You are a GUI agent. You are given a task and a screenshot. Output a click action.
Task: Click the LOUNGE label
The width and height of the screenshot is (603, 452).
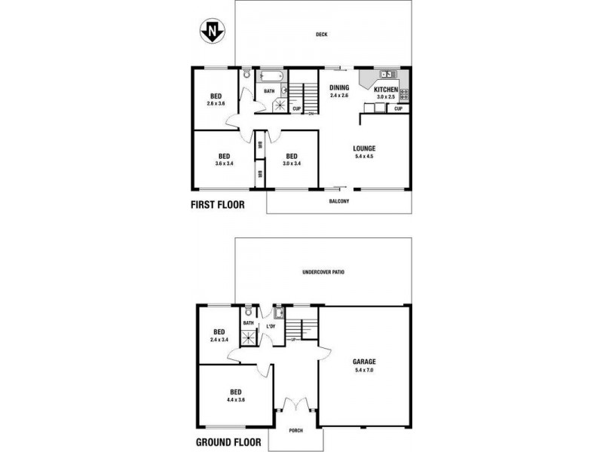coord(364,148)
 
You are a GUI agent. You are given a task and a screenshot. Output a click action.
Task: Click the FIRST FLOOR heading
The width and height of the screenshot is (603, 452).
coord(218,203)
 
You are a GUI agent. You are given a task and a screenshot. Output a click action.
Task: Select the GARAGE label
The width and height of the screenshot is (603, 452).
coord(364,361)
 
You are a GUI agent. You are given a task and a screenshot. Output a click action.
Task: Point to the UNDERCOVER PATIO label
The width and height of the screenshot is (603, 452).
coord(323,272)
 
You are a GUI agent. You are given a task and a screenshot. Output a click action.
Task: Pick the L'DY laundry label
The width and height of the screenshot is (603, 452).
coord(271,326)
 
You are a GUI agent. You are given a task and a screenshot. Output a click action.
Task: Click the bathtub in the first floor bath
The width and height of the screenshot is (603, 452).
coord(270,76)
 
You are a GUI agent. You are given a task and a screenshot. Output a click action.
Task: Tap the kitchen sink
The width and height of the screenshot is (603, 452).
coord(388,75)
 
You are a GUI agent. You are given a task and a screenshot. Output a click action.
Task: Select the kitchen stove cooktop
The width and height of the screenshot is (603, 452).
coord(404,94)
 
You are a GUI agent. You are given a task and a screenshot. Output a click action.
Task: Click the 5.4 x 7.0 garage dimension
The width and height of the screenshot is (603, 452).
coord(364,370)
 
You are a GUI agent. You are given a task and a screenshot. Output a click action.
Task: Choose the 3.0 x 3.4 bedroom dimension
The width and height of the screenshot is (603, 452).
coord(292,163)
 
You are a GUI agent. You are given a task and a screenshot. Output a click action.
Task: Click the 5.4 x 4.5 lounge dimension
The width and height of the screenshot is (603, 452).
coord(364,157)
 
